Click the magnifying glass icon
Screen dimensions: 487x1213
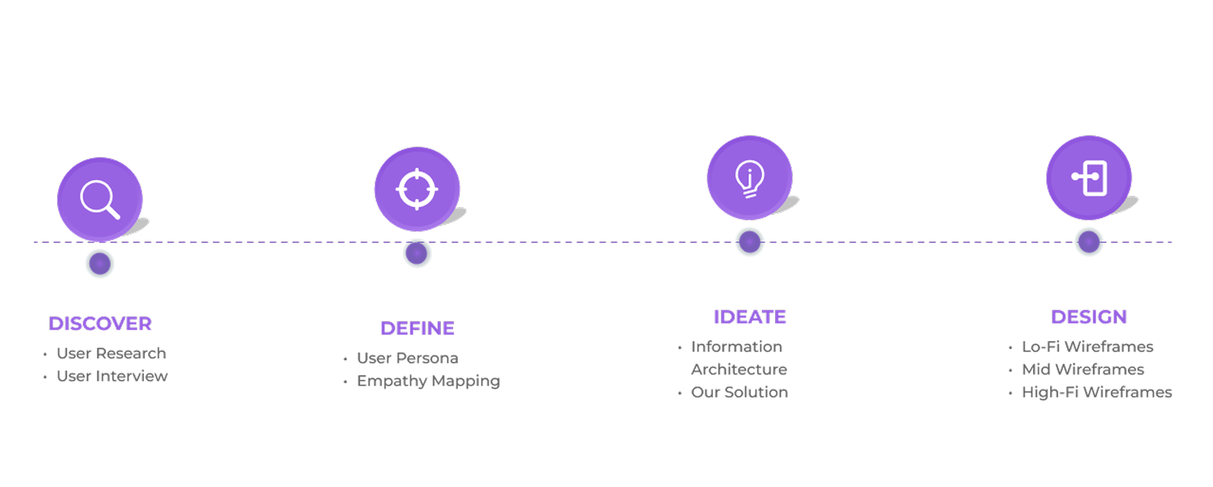pos(100,199)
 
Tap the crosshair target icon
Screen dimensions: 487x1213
pos(417,189)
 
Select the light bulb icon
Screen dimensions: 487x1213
pos(749,178)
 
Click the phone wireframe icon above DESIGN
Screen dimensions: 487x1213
pos(1089,177)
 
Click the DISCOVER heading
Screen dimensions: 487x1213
pos(100,324)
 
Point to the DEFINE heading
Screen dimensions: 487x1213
pos(417,329)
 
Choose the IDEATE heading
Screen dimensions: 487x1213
pos(749,317)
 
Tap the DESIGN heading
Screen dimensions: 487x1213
pos(1089,317)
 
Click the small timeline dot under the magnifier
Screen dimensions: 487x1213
pos(100,264)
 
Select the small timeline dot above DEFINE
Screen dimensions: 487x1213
pos(417,253)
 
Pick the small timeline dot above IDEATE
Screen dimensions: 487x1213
pos(749,242)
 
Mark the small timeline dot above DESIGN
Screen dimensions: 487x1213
pos(1089,242)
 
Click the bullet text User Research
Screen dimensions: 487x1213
pos(111,353)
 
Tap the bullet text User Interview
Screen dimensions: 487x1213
pos(112,376)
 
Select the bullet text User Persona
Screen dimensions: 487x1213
pos(407,358)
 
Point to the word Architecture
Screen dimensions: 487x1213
pos(739,369)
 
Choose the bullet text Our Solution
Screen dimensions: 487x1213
pos(739,392)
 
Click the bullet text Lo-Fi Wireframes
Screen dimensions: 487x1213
pos(1088,347)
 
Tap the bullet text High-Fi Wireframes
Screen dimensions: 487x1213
pos(1097,392)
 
